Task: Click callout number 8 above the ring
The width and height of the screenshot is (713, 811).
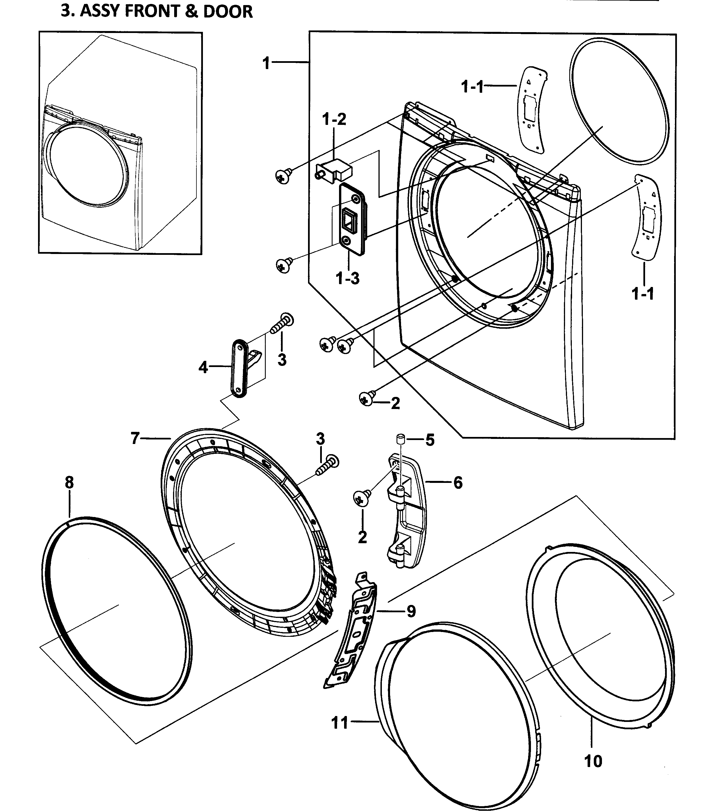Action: coord(69,483)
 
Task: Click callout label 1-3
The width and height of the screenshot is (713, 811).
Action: coord(347,278)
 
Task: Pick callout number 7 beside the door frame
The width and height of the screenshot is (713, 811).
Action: coord(135,438)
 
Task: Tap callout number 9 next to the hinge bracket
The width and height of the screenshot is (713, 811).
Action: coord(411,611)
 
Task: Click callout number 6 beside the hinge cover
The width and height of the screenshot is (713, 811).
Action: coord(458,483)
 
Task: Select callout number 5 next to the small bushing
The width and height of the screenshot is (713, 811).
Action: coord(430,440)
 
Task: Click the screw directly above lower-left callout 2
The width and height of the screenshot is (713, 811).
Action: coord(362,498)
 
